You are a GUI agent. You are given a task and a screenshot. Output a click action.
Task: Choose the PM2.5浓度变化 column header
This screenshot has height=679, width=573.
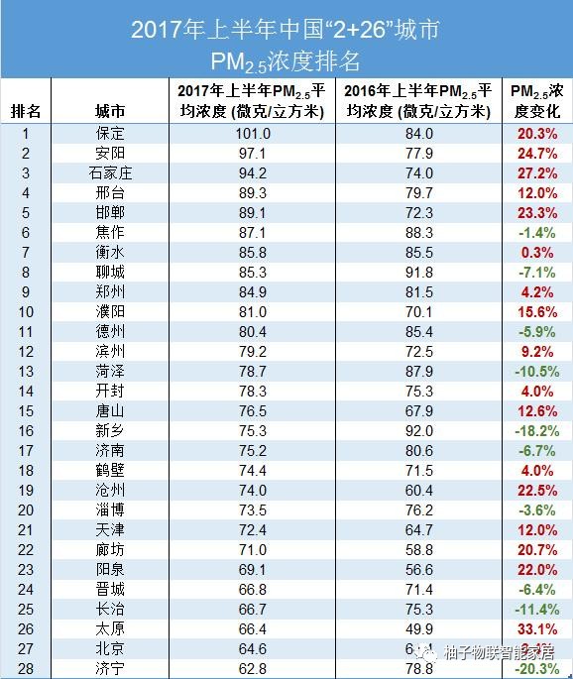537,101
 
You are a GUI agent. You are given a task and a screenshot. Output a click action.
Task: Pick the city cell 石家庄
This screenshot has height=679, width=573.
110,172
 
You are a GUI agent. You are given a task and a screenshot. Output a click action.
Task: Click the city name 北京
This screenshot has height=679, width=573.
110,649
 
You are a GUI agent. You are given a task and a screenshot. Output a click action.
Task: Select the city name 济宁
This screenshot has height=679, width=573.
110,669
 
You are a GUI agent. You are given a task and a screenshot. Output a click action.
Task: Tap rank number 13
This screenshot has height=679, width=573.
26,371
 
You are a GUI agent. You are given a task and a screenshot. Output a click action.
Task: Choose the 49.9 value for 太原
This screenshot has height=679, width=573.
419,630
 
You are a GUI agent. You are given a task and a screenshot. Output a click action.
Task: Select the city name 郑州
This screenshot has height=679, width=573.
110,291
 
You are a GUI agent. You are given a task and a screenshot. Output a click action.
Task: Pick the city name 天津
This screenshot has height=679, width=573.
110,530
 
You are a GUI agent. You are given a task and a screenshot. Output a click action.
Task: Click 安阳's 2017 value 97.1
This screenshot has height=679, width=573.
253,154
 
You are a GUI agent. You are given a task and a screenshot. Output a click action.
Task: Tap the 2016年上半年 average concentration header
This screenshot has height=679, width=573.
419,101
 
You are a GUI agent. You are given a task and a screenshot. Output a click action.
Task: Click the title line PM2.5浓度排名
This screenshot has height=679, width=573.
286,61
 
